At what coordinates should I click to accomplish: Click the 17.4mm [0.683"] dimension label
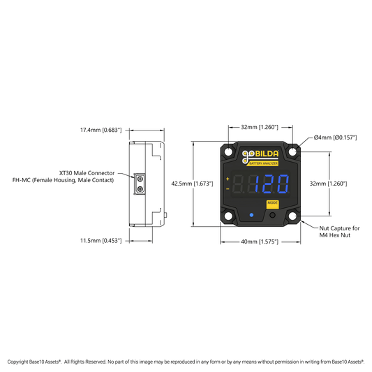[101, 130]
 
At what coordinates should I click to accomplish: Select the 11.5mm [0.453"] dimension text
[101, 241]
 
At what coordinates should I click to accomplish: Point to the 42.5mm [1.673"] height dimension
[192, 184]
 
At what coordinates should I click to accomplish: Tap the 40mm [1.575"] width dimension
[260, 241]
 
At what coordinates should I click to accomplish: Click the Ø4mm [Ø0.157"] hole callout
[335, 137]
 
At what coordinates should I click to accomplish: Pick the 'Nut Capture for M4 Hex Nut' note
[339, 232]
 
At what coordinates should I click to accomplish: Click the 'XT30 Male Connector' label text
[87, 173]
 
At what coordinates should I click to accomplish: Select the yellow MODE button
[272, 204]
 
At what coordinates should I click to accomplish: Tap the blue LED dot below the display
[251, 215]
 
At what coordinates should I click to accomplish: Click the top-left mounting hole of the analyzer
[228, 152]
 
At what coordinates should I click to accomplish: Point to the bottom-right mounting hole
[292, 216]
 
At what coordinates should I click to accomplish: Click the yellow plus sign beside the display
[228, 179]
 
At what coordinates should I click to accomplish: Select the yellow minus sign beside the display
[228, 189]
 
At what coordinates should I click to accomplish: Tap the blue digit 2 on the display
[270, 184]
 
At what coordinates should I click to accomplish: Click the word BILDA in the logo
[267, 154]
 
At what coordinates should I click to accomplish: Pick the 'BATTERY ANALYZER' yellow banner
[263, 163]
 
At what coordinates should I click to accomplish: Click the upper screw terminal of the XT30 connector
[140, 179]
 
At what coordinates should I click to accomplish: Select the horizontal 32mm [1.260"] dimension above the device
[260, 128]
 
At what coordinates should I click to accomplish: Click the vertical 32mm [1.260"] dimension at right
[329, 184]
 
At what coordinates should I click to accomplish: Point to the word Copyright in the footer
[17, 362]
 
